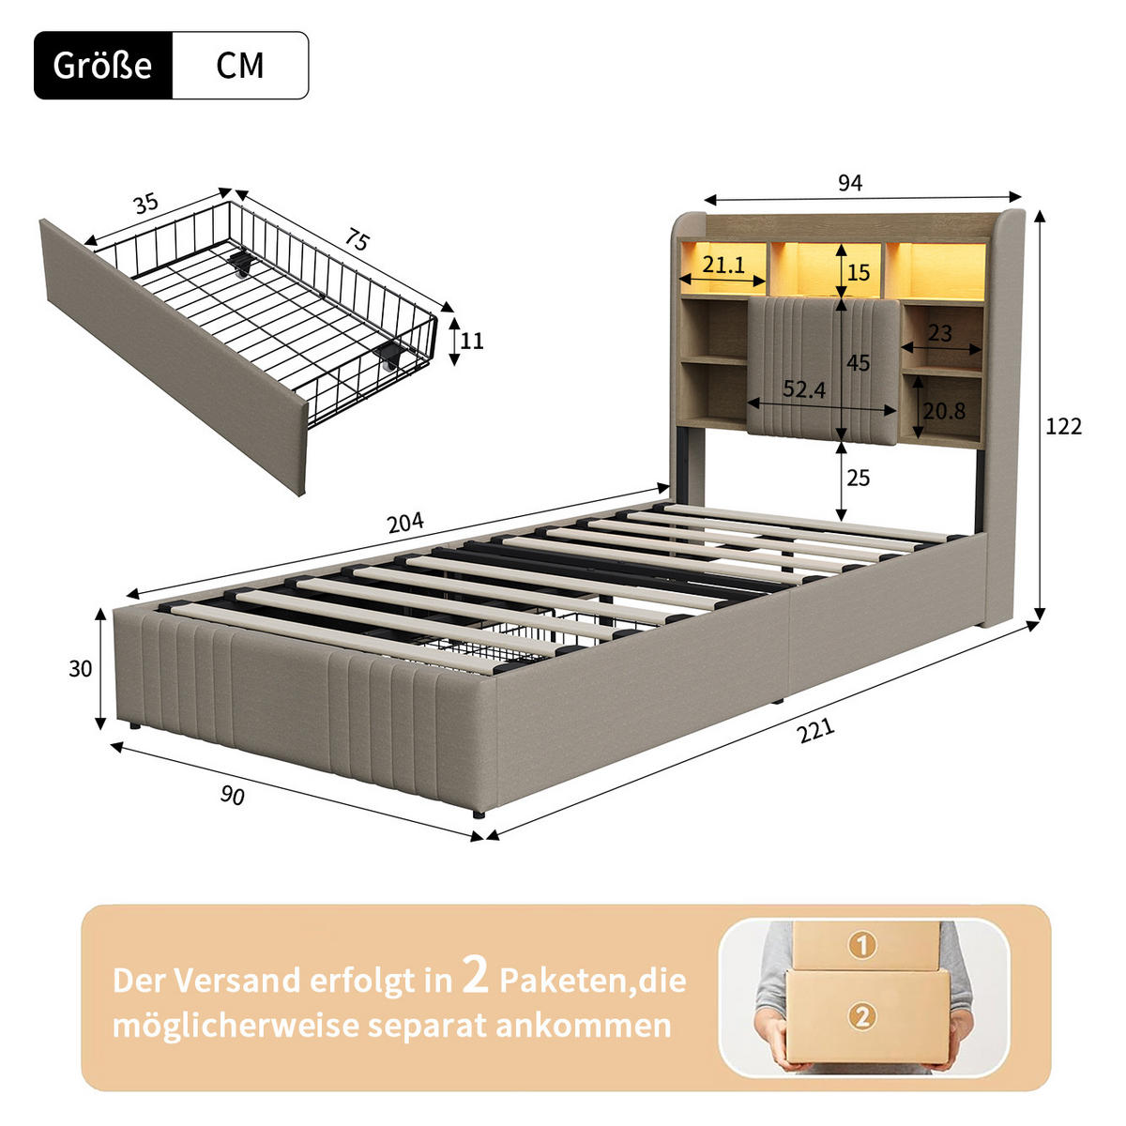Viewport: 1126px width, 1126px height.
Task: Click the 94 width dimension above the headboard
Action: click(849, 183)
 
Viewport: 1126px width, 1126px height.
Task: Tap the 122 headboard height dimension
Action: click(1063, 427)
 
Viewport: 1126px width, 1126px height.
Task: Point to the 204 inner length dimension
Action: click(405, 523)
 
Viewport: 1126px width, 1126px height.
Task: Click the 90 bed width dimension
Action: click(232, 795)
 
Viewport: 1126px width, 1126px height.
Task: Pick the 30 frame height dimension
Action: click(81, 669)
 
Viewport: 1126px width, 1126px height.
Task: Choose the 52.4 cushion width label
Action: click(804, 389)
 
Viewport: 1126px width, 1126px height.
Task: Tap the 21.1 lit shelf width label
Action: click(723, 266)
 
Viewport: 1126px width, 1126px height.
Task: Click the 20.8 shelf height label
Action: click(944, 411)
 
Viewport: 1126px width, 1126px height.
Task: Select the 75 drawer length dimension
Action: click(356, 241)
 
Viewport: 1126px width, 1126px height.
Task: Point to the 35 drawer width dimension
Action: click(145, 204)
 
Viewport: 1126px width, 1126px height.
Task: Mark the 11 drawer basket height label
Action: click(472, 341)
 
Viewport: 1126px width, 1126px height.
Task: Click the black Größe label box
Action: click(103, 66)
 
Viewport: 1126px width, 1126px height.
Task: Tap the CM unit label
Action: click(240, 66)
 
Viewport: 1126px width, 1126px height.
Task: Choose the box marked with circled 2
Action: click(864, 1014)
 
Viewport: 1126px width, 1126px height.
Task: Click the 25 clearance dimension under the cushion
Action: click(858, 479)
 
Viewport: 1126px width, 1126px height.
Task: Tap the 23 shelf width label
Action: click(939, 333)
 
